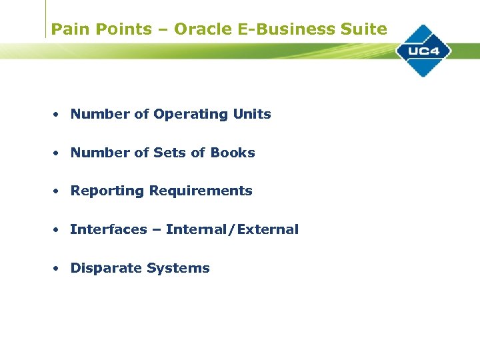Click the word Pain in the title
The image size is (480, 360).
pyautogui.click(x=67, y=29)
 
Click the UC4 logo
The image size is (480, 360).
pyautogui.click(x=423, y=51)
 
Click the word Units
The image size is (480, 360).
pyautogui.click(x=252, y=114)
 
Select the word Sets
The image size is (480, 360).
pyautogui.click(x=169, y=153)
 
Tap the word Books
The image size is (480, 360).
pyautogui.click(x=233, y=153)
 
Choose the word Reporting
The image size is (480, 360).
pyautogui.click(x=107, y=191)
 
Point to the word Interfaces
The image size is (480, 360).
pyautogui.click(x=109, y=229)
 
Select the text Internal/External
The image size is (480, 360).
pyautogui.click(x=232, y=229)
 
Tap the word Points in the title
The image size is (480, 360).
pyautogui.click(x=121, y=29)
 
